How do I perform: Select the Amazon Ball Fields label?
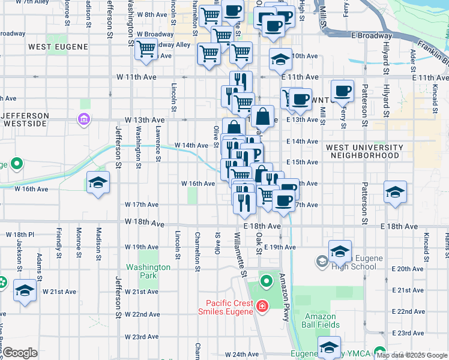(322, 320)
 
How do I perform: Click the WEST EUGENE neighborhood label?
(58, 46)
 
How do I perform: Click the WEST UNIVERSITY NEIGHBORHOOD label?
(364, 151)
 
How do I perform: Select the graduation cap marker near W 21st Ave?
(25, 290)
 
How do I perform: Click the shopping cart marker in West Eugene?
(146, 50)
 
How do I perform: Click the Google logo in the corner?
(20, 353)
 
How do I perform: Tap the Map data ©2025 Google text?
(412, 355)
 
